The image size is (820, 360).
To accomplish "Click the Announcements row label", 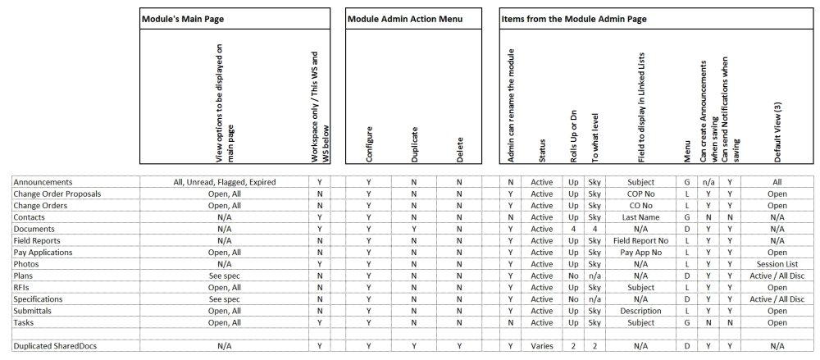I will pos(43,182).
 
